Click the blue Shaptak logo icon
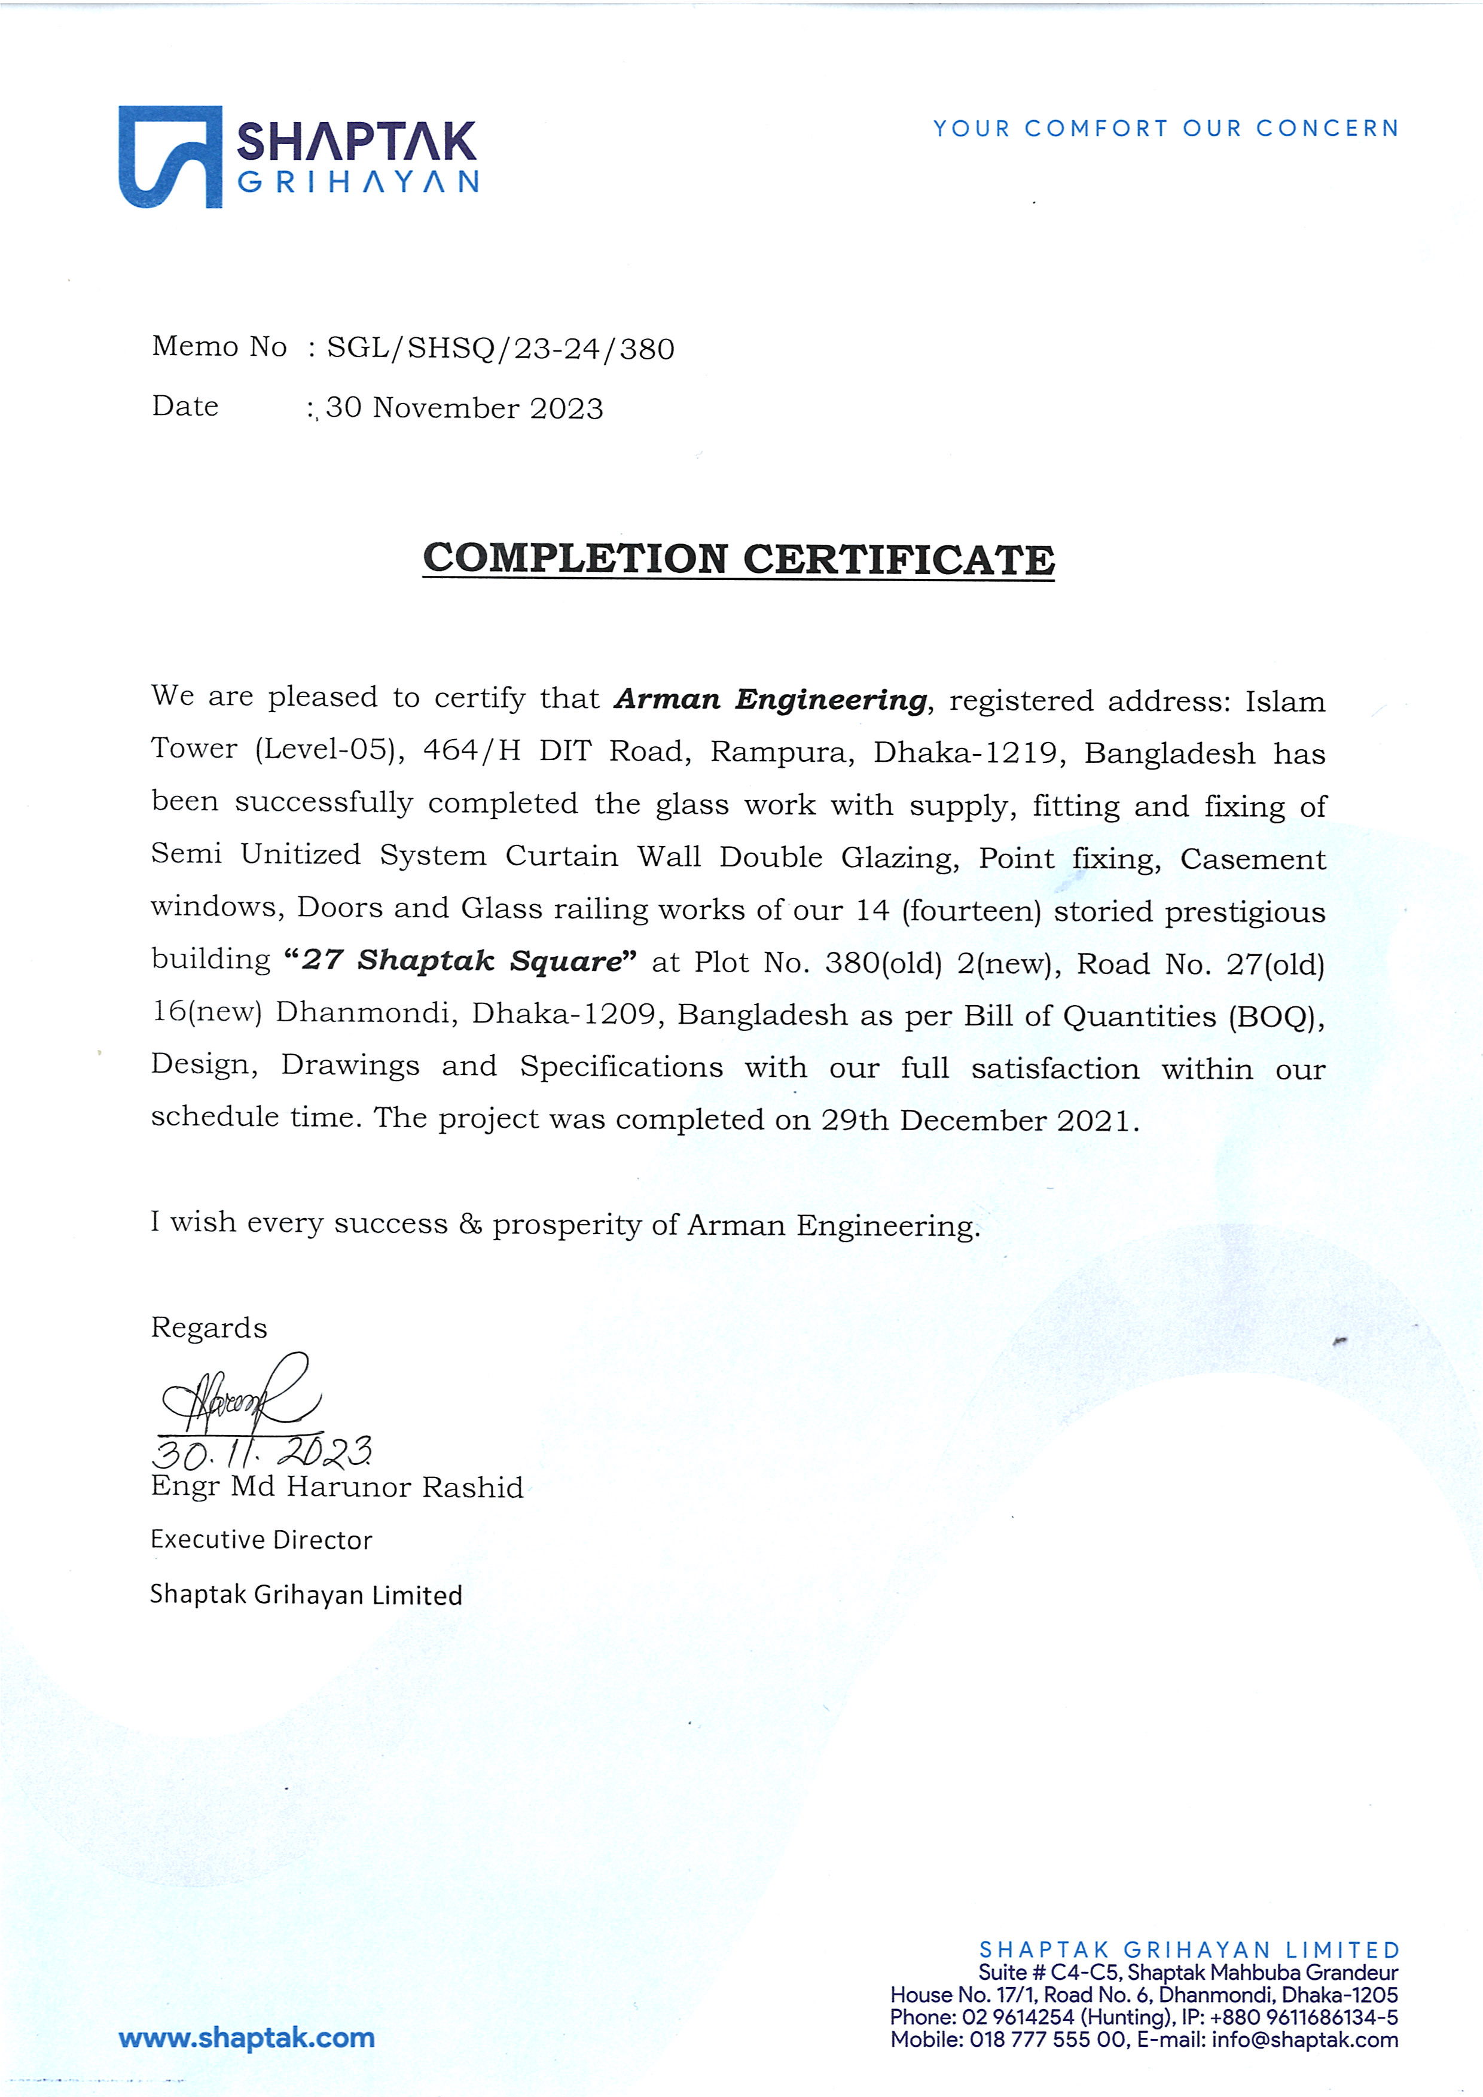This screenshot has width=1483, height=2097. click(x=170, y=157)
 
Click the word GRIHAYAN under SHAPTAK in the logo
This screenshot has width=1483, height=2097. click(x=358, y=182)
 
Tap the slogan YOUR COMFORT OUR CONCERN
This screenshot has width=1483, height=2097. click(x=1165, y=128)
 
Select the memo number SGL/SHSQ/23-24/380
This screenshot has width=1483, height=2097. click(x=501, y=349)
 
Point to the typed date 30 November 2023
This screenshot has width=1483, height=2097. click(x=465, y=408)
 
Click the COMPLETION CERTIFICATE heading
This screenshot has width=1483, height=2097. click(x=739, y=559)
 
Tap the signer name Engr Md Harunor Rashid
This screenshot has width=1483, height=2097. click(x=337, y=1488)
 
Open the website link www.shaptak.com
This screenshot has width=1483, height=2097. click(x=246, y=2038)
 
